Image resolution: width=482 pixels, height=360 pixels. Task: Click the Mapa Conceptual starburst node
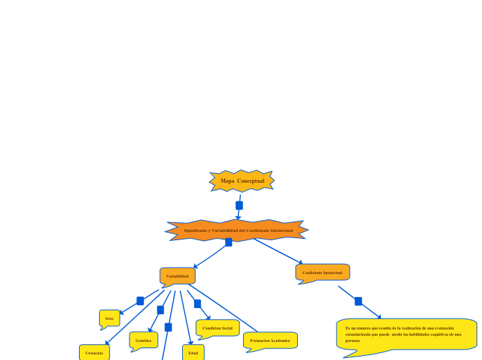242,181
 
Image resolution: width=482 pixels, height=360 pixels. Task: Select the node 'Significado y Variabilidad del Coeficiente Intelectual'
238,231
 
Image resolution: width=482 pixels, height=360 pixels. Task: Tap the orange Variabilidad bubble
177,276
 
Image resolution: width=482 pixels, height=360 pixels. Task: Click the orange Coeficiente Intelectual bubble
322,273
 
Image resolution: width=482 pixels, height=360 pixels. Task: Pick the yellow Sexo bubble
109,318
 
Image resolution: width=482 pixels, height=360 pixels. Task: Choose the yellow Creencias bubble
94,352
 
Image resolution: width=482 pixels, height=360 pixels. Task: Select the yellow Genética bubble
143,340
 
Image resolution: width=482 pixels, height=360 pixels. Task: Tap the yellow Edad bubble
193,352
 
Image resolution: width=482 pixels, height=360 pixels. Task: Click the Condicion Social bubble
217,327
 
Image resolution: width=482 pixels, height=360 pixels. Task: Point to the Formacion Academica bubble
270,341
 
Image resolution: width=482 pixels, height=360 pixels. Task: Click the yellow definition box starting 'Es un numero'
407,334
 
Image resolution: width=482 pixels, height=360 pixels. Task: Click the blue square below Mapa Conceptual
239,206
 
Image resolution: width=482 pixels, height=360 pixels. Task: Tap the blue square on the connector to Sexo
140,301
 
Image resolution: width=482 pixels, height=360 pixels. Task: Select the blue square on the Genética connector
161,310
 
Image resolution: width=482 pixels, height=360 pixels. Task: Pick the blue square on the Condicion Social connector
197,304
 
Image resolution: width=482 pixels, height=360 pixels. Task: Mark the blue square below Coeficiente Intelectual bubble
358,301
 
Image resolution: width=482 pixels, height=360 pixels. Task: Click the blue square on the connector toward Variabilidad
229,242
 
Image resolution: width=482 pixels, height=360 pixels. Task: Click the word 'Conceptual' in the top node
251,181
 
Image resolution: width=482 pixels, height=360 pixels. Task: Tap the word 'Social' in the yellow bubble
226,327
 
